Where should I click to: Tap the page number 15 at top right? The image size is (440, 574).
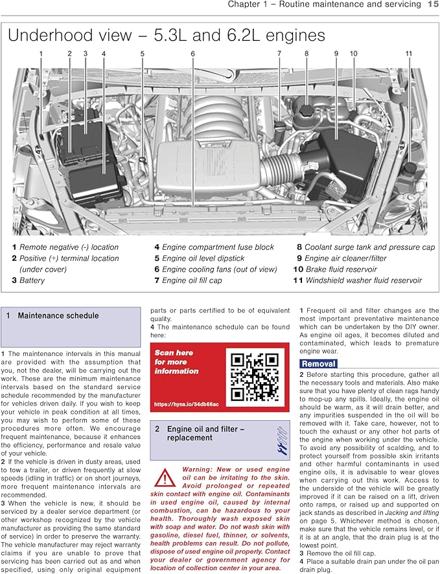click(x=433, y=5)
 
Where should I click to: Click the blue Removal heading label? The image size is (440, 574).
click(x=318, y=364)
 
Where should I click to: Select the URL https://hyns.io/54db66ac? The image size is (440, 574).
click(x=187, y=404)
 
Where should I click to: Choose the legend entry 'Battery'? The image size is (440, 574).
click(x=32, y=280)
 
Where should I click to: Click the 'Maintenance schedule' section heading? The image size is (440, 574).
click(x=58, y=316)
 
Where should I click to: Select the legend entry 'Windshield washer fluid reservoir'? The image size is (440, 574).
click(x=364, y=280)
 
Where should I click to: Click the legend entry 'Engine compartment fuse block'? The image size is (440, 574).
click(x=218, y=247)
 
